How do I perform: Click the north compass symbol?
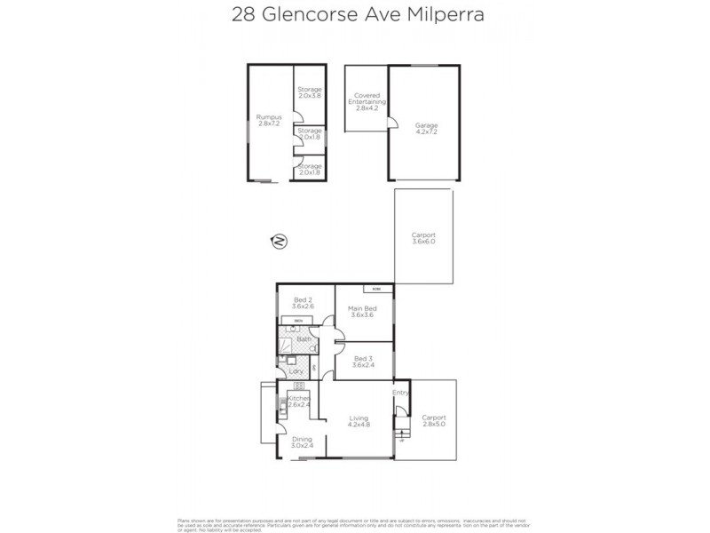279,240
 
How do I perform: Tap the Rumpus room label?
268,120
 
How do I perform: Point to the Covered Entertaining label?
367,101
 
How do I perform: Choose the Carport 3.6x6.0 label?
423,237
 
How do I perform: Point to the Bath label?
304,339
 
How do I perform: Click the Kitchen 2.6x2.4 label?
298,402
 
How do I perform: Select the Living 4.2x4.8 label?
358,421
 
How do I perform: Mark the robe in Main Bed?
376,288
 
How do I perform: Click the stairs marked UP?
401,434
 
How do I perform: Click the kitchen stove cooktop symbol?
299,386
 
